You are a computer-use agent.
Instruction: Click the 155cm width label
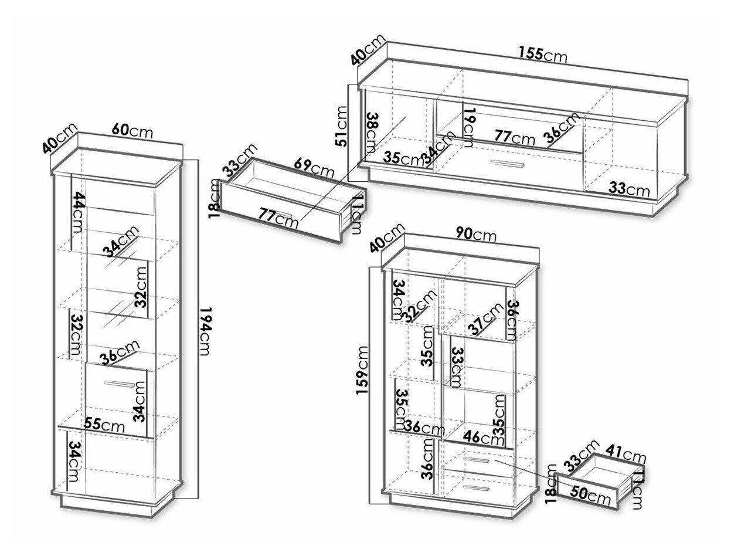[x=543, y=54]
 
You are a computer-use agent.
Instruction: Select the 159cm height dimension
[x=363, y=371]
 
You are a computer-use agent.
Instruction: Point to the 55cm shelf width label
[x=104, y=423]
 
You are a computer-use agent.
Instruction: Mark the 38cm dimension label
[x=370, y=131]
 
